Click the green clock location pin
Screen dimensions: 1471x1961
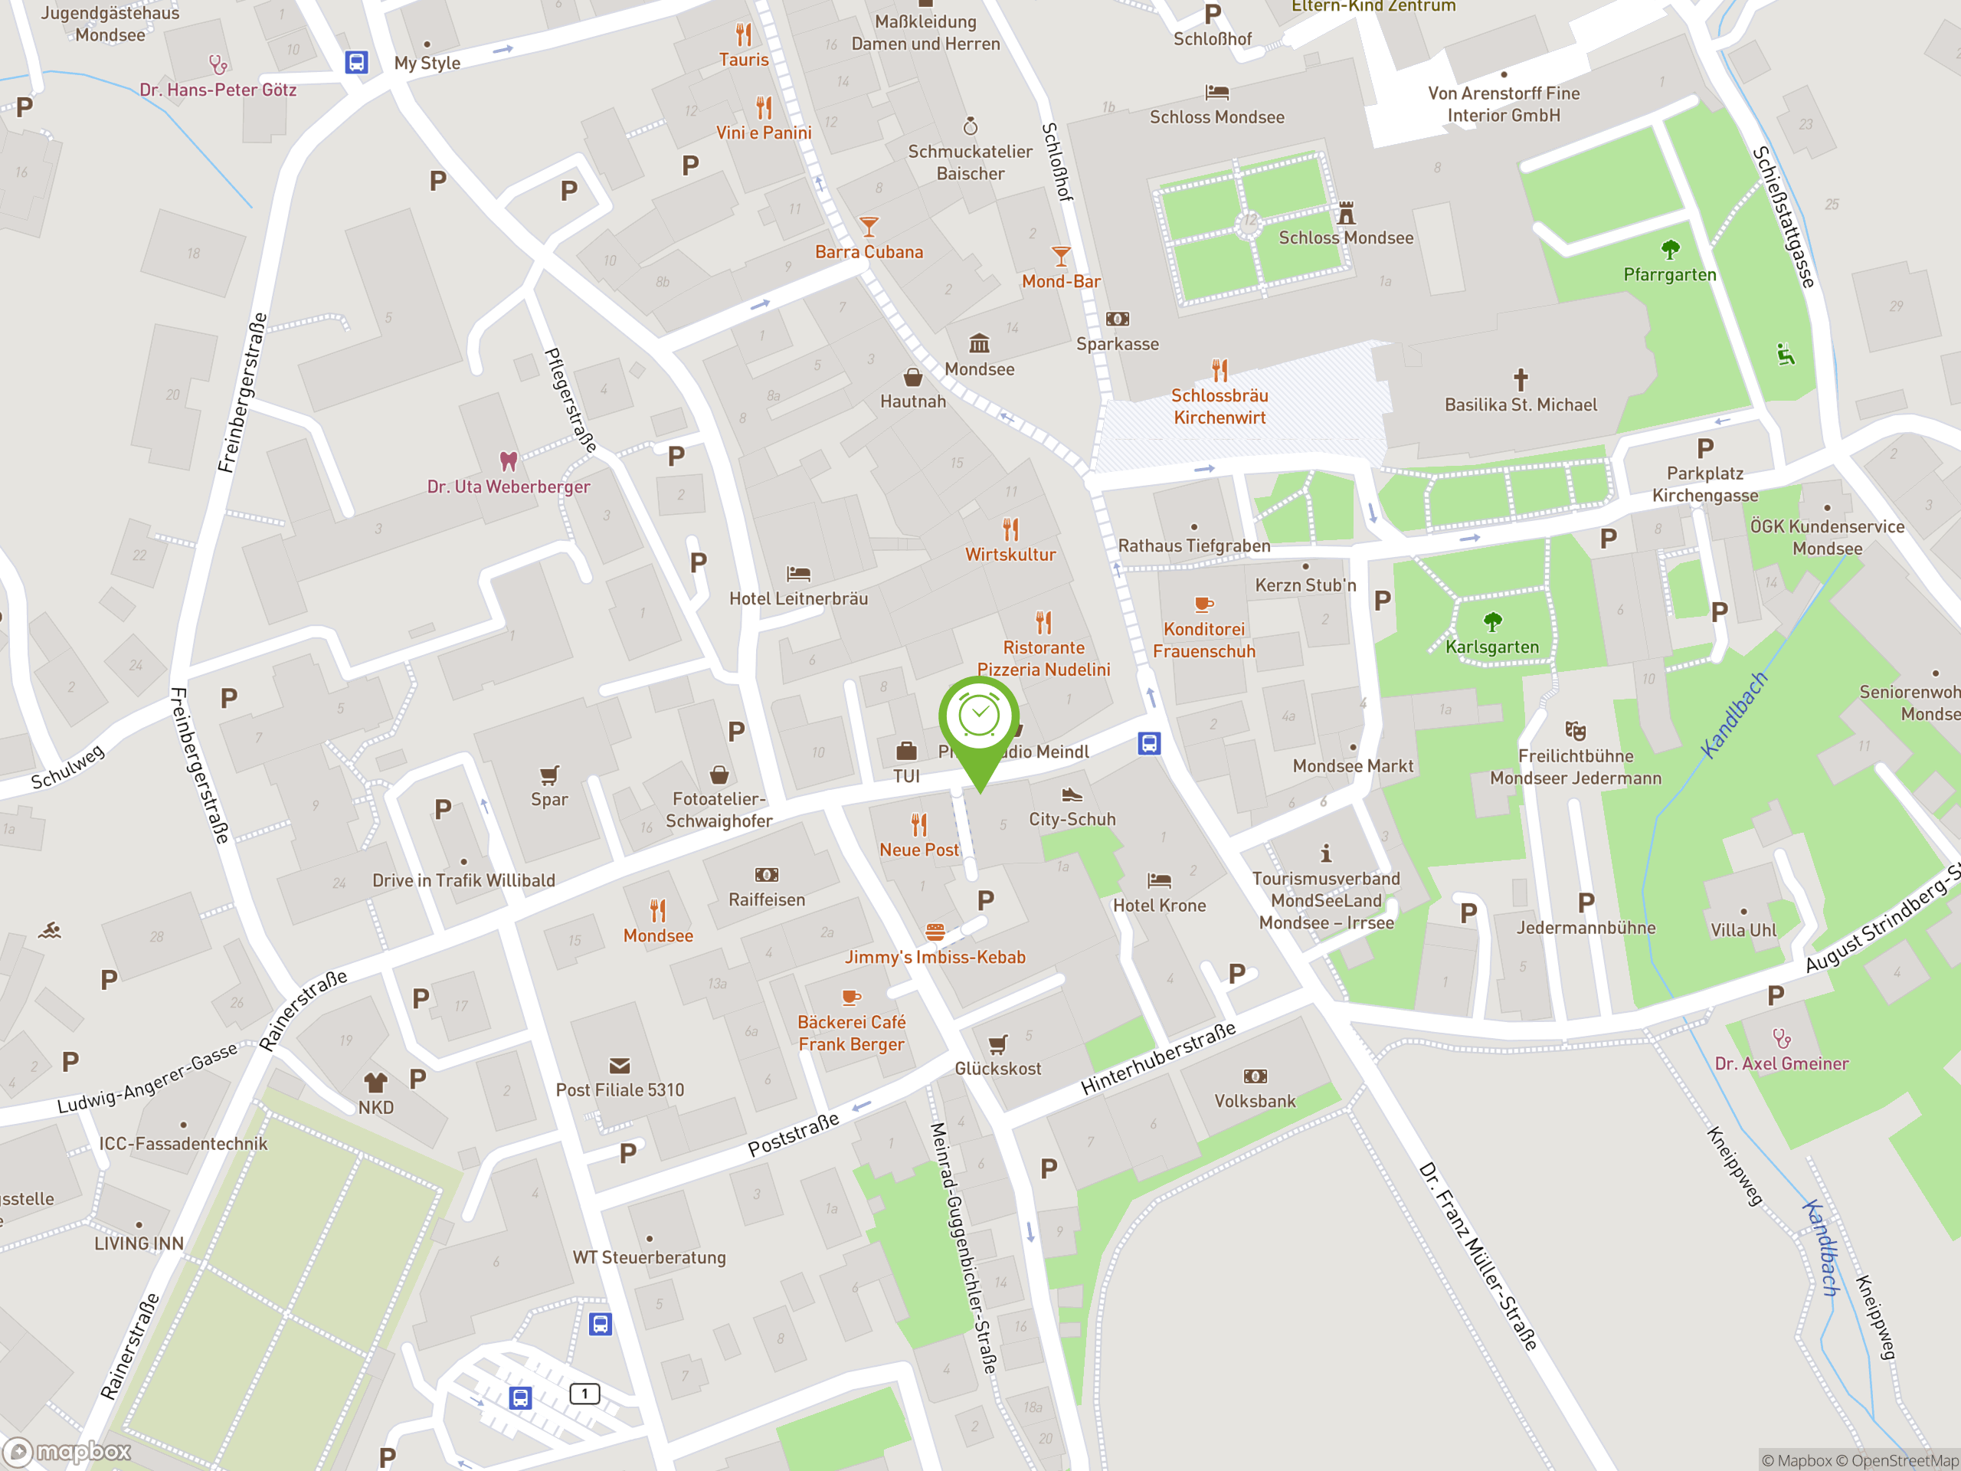click(979, 720)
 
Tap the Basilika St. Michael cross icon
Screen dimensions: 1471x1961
click(1521, 379)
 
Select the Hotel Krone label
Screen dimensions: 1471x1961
click(1159, 906)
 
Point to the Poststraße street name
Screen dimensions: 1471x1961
click(793, 1134)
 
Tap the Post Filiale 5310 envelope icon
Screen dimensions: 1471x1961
click(620, 1065)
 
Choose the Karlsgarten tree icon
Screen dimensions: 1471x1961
click(1492, 621)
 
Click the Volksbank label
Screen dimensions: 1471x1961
click(1255, 1100)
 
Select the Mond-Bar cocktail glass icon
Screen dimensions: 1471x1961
click(1060, 256)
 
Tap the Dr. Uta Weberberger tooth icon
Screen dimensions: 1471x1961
click(508, 461)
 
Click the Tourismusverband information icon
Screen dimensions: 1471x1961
click(1325, 853)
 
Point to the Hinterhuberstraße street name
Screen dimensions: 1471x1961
click(1157, 1058)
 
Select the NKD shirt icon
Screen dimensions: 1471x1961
click(375, 1082)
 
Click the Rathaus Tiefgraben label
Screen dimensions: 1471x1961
click(1193, 545)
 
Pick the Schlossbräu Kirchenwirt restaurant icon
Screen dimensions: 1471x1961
click(1219, 370)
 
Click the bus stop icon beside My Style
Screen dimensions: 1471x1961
click(356, 62)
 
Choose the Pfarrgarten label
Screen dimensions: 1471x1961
click(1669, 275)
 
